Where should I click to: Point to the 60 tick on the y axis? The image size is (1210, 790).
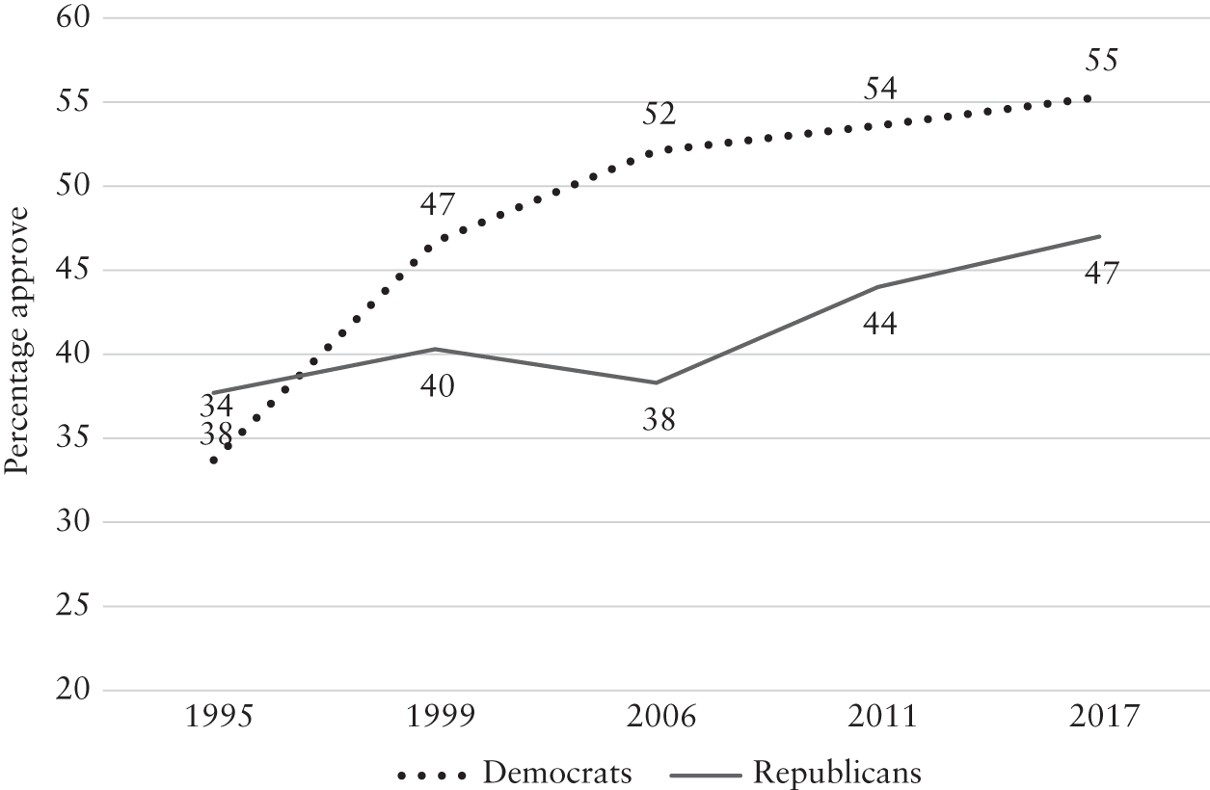click(73, 17)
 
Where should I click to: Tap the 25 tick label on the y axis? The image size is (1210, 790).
click(73, 606)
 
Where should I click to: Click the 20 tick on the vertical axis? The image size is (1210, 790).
click(73, 690)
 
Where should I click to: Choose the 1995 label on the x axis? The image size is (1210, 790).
click(219, 717)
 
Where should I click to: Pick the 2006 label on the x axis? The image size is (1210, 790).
click(661, 717)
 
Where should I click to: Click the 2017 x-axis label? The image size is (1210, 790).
click(1104, 717)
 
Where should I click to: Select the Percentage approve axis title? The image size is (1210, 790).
click(16, 341)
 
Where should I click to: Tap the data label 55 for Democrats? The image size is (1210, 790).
click(1101, 60)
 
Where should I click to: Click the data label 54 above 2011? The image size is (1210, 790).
click(880, 89)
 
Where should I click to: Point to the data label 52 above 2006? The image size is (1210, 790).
click(659, 115)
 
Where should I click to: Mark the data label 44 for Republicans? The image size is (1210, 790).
click(880, 325)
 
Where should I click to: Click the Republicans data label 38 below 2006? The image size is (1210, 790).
click(659, 419)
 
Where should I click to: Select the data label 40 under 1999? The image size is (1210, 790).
click(438, 386)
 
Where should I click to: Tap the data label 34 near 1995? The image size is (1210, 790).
click(216, 407)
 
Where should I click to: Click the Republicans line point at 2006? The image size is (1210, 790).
click(657, 382)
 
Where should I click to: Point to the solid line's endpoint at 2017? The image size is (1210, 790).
click(1100, 236)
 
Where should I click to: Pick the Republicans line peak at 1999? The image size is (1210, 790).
click(436, 349)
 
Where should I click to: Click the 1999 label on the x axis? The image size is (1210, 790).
click(441, 717)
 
